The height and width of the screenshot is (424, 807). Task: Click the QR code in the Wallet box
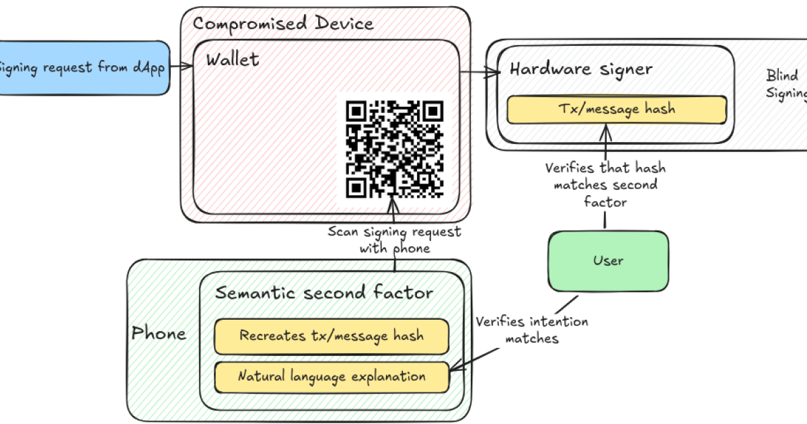[395, 149]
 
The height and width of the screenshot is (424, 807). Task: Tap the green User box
[608, 260]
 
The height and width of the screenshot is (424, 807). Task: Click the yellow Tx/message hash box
[617, 109]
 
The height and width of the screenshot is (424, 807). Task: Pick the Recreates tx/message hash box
[331, 336]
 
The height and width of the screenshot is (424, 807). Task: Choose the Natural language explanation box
[331, 377]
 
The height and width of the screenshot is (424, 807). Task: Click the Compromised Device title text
[282, 24]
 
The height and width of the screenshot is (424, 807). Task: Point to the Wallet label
[232, 59]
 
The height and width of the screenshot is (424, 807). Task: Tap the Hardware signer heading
[580, 69]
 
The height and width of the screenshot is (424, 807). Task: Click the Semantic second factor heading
[324, 293]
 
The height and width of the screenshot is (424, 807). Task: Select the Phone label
[159, 332]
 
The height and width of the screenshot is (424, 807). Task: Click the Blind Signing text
[785, 84]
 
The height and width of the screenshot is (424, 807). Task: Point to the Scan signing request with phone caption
[394, 240]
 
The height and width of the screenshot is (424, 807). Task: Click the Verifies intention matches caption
[531, 330]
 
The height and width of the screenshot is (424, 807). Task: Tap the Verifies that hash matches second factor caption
[605, 184]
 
